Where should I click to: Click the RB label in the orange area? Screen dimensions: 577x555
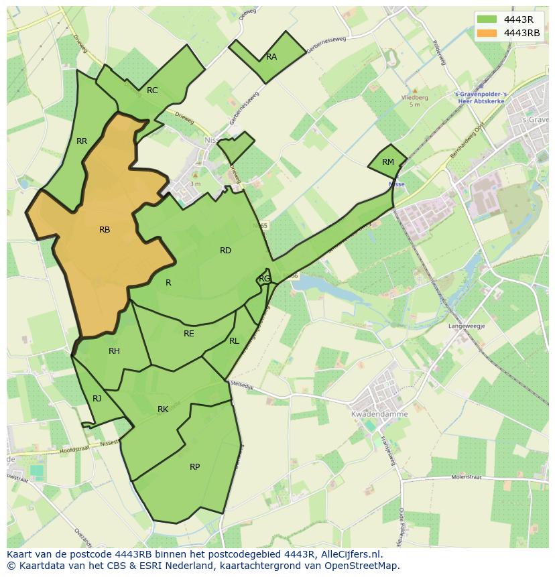[x=105, y=230]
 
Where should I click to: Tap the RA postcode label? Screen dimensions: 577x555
[x=271, y=57]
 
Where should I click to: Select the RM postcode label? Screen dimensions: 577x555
[x=388, y=162]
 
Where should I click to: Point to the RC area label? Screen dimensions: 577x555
[x=152, y=90]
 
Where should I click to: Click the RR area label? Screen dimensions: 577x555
[x=82, y=141]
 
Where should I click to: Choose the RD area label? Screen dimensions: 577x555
[x=225, y=251]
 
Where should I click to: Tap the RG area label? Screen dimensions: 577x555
[x=265, y=279]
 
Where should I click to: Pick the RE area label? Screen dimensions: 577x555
[x=189, y=334]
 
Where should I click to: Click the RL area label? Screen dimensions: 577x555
[x=234, y=341]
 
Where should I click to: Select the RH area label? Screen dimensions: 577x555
[x=114, y=351]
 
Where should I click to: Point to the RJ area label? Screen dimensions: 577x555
[x=97, y=399]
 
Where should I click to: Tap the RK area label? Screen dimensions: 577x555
[x=163, y=409]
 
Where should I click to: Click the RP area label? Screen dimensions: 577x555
[x=194, y=467]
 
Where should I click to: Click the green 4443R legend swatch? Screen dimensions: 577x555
[x=487, y=19]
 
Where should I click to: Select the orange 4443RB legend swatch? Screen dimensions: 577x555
[x=487, y=33]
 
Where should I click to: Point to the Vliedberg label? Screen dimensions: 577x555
[x=414, y=97]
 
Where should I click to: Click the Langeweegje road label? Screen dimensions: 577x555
[x=467, y=326]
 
